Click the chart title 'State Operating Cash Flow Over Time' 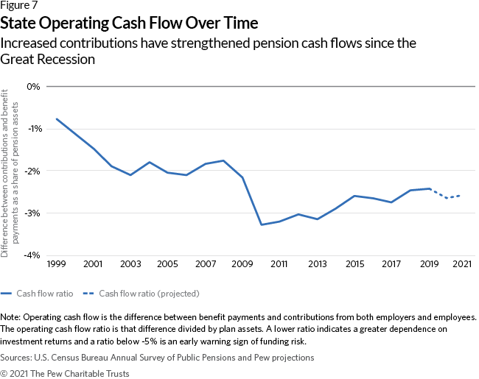(129, 24)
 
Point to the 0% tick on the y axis (32, 86)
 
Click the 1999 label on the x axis (57, 263)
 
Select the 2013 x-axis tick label (317, 263)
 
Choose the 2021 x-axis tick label (461, 263)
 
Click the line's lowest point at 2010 (262, 224)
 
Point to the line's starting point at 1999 (57, 119)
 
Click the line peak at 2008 (223, 160)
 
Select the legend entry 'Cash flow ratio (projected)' (149, 293)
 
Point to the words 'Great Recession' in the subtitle (49, 60)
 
